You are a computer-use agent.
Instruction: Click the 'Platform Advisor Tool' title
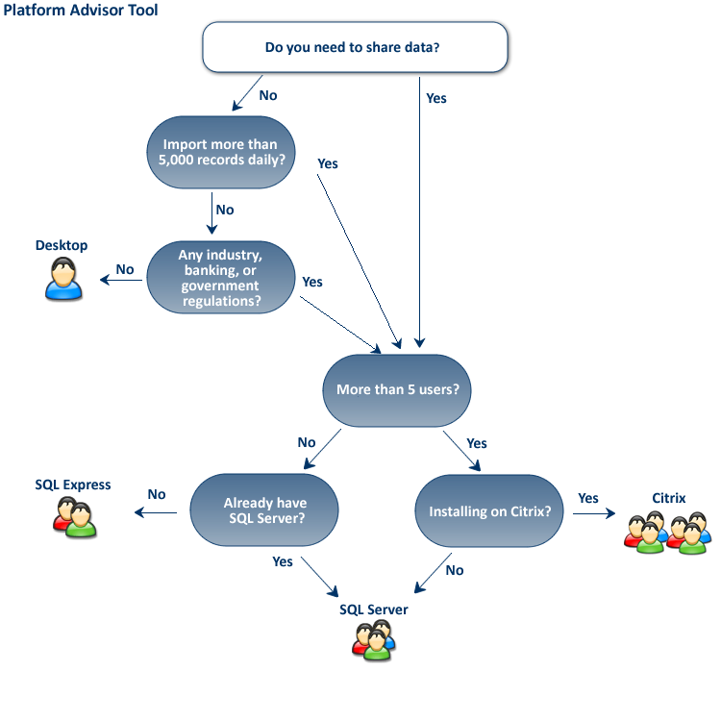81,11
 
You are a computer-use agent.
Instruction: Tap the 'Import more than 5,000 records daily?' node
220,152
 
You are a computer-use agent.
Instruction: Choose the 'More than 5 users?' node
397,390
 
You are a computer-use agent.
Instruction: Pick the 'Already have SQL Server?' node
264,510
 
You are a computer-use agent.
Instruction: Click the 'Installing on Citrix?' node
488,510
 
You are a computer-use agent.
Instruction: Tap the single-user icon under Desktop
63,280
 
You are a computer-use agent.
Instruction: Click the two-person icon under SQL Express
75,519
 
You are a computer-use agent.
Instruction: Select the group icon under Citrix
667,533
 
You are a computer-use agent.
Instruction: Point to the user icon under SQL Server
374,640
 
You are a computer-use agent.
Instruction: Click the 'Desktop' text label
62,246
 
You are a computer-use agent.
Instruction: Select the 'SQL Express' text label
73,485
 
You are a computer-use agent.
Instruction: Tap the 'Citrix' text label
668,499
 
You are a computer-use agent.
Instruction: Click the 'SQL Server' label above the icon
373,609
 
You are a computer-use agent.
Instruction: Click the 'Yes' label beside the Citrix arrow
587,498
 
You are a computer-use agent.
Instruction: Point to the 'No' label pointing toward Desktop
125,269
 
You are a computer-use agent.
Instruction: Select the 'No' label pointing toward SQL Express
157,494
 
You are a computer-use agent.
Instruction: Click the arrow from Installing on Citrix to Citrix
593,513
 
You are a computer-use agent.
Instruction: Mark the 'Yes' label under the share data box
435,98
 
